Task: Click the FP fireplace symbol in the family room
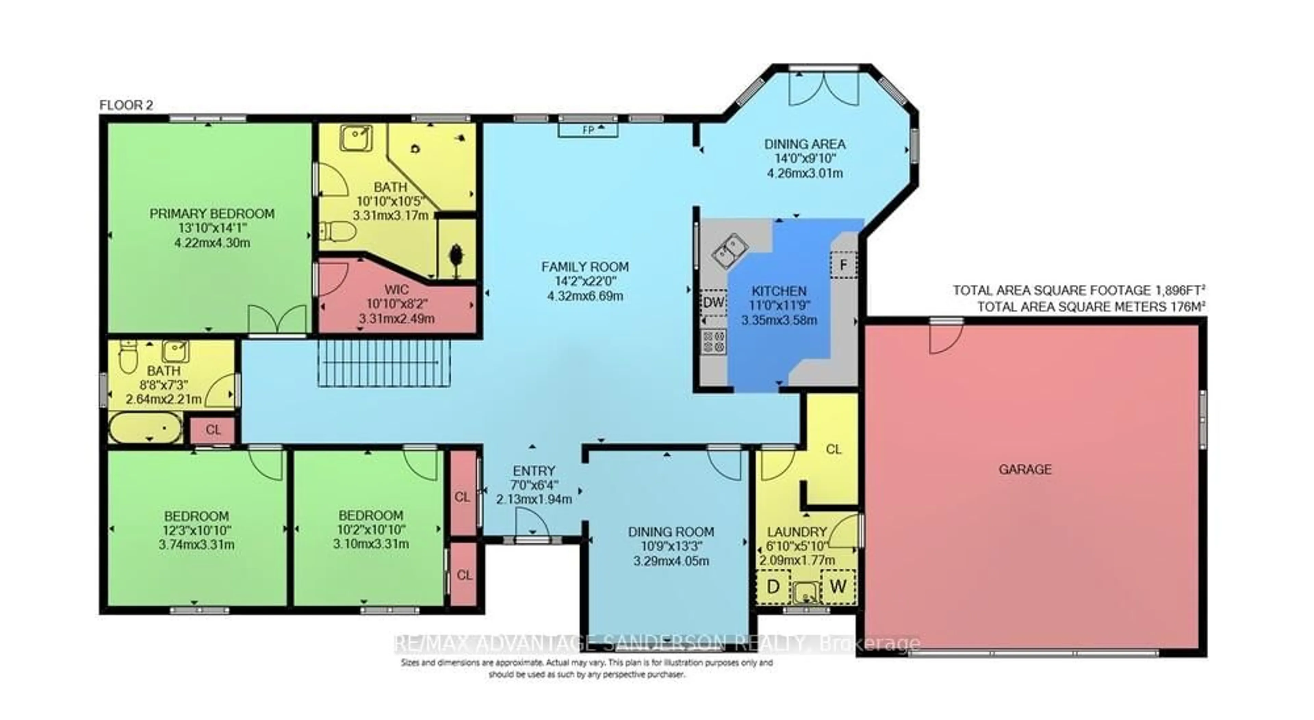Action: pyautogui.click(x=588, y=130)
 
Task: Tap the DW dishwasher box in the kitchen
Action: pyautogui.click(x=713, y=302)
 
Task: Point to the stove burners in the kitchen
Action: pyautogui.click(x=713, y=342)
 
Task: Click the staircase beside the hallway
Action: pyautogui.click(x=385, y=363)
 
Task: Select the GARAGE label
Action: pyautogui.click(x=1025, y=469)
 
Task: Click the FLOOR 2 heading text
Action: pyautogui.click(x=126, y=106)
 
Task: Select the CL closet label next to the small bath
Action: pyautogui.click(x=213, y=430)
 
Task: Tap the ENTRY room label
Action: pyautogui.click(x=533, y=471)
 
